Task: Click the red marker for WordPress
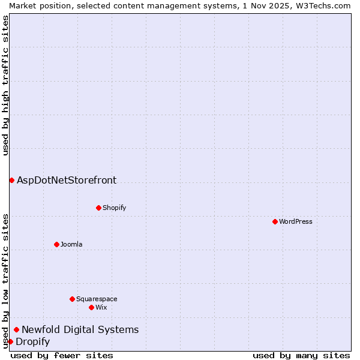coord(275,221)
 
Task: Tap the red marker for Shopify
coord(98,208)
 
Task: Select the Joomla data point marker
coord(56,244)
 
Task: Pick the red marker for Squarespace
coord(72,299)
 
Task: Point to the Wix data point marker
coord(91,307)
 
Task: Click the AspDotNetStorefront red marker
coord(11,180)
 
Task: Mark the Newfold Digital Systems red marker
coord(16,329)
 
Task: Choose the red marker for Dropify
coord(10,341)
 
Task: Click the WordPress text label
coord(296,221)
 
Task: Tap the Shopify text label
coord(115,208)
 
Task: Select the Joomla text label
coord(71,244)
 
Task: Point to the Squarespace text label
coord(97,299)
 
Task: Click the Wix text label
coord(101,307)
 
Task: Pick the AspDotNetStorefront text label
coord(67,180)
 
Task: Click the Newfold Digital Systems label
coord(80,329)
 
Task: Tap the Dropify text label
coord(33,341)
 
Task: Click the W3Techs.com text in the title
coord(326,5)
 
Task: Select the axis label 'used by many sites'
coord(301,355)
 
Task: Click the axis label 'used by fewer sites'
coord(62,355)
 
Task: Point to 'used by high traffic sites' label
coord(5,85)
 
